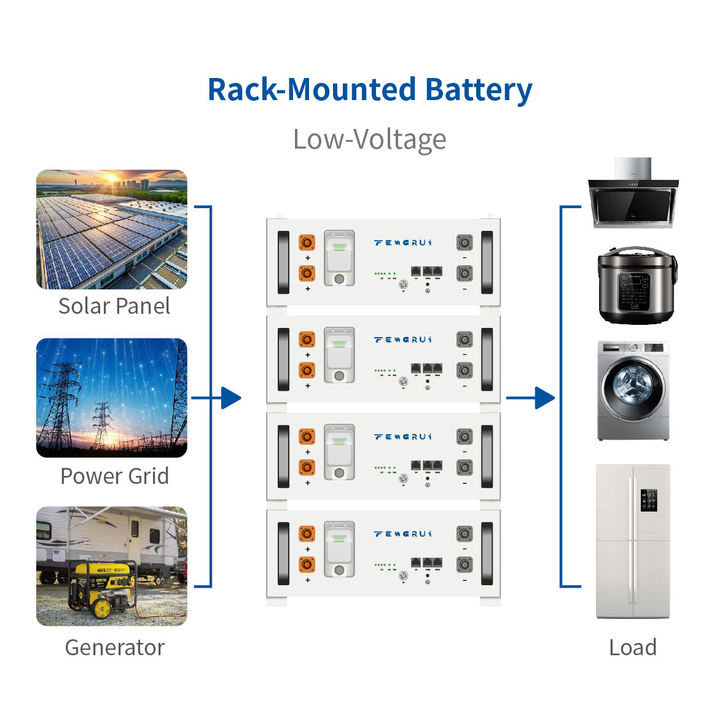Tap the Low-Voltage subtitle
click(x=369, y=139)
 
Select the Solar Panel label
click(x=114, y=306)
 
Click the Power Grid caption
click(x=114, y=476)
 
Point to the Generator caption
click(x=114, y=647)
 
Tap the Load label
click(x=632, y=647)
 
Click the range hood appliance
click(x=633, y=195)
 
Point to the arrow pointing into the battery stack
click(x=230, y=398)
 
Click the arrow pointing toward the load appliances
click(x=543, y=398)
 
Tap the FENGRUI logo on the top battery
click(x=402, y=243)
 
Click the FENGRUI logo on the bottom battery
click(x=402, y=534)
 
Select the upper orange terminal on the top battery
click(x=307, y=242)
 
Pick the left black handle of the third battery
click(x=283, y=457)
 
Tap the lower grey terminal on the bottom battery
click(x=464, y=564)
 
